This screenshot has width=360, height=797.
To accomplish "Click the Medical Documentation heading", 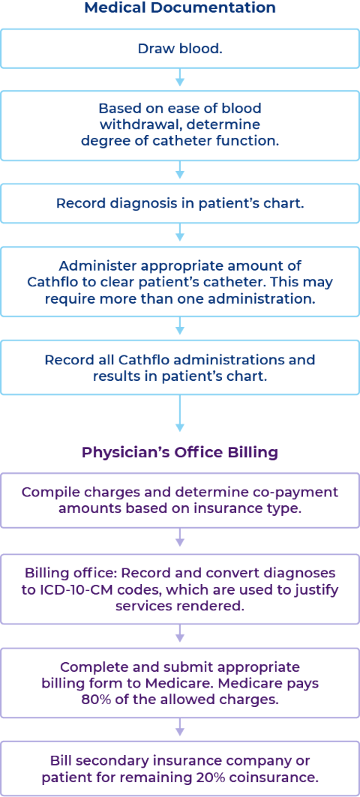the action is coord(180,8).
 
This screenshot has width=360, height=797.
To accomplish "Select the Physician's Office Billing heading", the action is coord(180,452).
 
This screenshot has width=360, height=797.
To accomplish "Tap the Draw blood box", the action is coord(180,49).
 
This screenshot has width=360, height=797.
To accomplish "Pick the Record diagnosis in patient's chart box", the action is coord(180,202).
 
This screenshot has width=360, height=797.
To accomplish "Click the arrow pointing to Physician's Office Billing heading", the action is coord(180,413).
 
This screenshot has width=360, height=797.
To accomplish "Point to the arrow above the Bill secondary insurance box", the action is coord(180,729).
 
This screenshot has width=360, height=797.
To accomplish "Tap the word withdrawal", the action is coord(133,124).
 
